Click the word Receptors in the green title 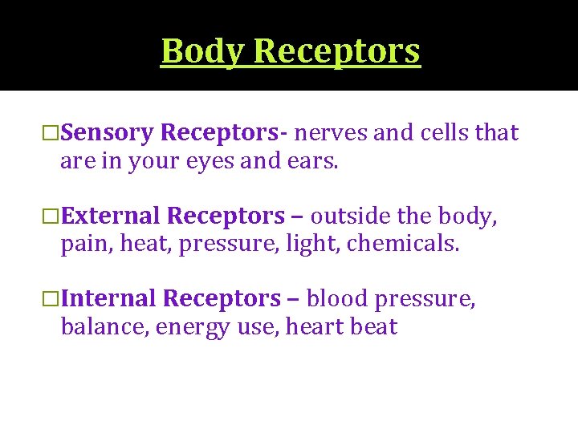coord(336,51)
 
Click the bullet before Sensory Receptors coord(51,133)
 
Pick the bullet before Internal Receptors coord(51,298)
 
